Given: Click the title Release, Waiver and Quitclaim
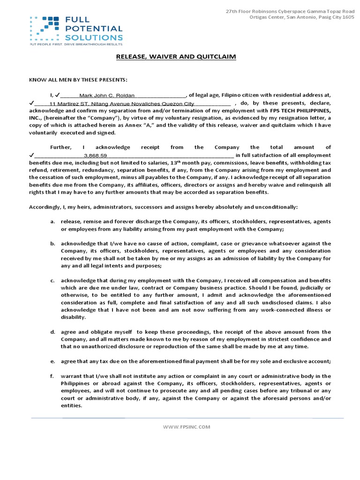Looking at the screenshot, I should [176, 57].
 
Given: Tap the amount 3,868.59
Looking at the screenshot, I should [95, 155].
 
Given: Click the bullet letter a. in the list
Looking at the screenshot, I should [53, 222].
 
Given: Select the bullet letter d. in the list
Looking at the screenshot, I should [53, 332].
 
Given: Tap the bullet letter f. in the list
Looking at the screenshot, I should [53, 376].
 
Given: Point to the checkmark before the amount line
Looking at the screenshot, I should [31, 155].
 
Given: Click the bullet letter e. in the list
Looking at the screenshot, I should [53, 361].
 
